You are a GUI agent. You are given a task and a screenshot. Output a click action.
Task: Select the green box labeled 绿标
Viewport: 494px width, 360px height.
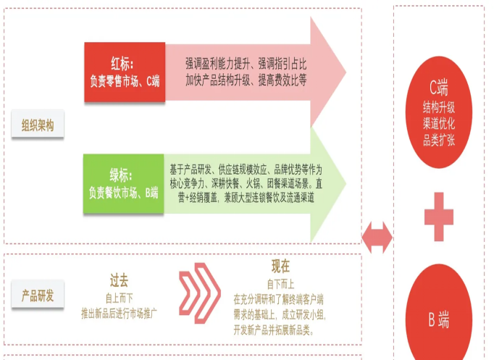click(124, 184)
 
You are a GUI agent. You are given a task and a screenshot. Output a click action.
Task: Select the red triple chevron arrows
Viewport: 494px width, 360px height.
click(199, 293)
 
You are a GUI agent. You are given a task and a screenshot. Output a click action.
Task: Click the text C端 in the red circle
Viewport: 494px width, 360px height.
click(439, 89)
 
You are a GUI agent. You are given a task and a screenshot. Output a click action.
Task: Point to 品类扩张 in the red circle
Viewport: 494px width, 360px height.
click(439, 141)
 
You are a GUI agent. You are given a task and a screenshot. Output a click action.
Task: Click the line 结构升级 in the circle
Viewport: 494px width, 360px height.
click(439, 107)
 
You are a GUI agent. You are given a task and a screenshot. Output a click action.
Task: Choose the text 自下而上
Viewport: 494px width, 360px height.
click(280, 283)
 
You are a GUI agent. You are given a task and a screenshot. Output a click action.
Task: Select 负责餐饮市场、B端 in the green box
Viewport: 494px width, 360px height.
click(124, 193)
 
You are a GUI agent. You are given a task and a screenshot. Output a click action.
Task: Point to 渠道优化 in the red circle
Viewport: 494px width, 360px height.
click(439, 124)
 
